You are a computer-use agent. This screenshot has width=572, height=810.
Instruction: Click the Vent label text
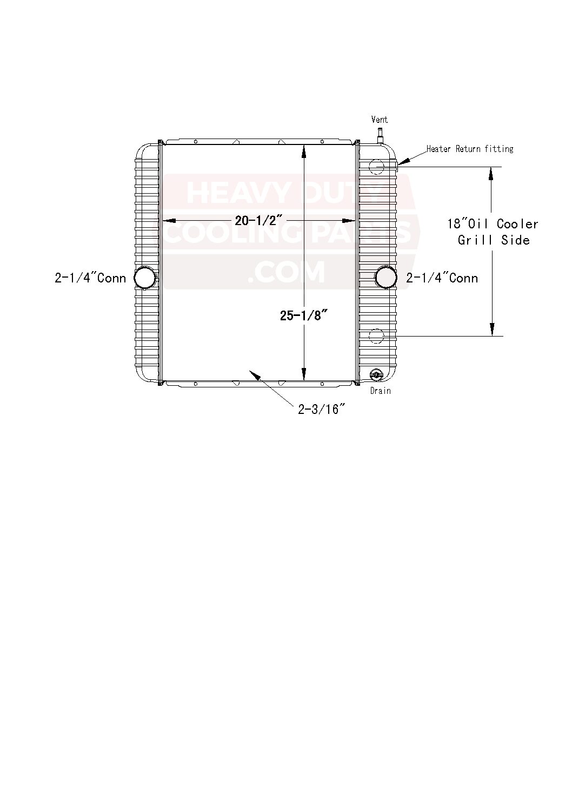coord(380,120)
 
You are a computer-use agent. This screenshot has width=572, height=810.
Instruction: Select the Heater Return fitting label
coord(470,149)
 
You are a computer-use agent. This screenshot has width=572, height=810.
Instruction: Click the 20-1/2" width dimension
coord(258,220)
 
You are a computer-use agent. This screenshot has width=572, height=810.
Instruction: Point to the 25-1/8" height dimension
coord(303,315)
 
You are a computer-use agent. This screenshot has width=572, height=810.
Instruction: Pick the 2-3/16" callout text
coord(322,409)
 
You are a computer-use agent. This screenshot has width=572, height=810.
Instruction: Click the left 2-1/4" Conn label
coord(90,278)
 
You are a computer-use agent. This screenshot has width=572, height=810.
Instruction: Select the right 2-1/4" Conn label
coord(442,278)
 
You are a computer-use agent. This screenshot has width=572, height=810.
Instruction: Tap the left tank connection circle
coord(145,278)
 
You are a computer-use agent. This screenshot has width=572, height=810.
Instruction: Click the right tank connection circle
coord(386,278)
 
